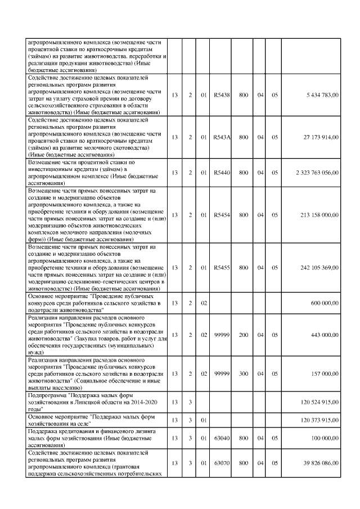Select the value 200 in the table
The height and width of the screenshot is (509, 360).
click(244, 335)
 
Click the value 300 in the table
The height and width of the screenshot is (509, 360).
click(244, 373)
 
